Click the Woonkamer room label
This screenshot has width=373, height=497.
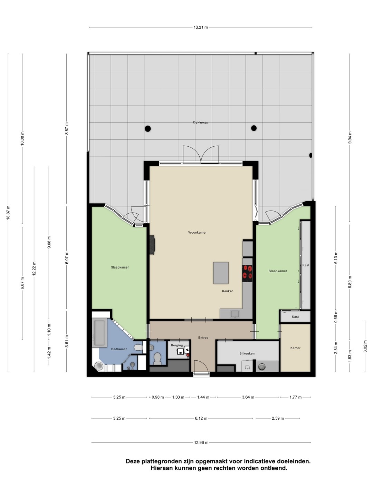[x=197, y=232]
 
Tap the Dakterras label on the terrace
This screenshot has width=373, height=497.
[x=200, y=122]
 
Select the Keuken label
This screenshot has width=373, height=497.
[x=227, y=291]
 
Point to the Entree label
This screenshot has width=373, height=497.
[x=203, y=338]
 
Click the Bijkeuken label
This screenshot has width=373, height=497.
[x=247, y=353]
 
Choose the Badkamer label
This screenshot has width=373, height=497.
[x=119, y=349]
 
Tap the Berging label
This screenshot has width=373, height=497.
[x=176, y=345]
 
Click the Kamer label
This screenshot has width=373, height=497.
[x=295, y=348]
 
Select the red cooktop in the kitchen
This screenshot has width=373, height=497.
[x=247, y=273]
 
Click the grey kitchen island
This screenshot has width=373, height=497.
[x=221, y=273]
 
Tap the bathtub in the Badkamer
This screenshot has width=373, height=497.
[x=99, y=333]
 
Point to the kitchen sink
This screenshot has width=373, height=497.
[x=235, y=314]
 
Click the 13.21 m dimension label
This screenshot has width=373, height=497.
[x=201, y=27]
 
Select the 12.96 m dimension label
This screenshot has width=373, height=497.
[x=201, y=443]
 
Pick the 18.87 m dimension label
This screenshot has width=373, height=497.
[x=8, y=212]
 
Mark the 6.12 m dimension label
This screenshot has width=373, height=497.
[x=201, y=418]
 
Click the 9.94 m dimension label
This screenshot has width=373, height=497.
[x=350, y=137]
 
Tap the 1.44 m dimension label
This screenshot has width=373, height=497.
[x=203, y=397]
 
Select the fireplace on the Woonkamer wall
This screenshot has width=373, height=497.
[x=152, y=245]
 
